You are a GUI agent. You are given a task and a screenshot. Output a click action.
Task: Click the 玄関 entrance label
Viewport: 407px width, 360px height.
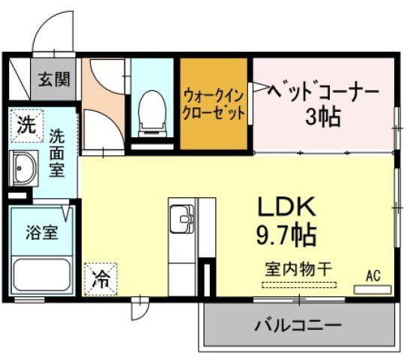[x=55, y=78]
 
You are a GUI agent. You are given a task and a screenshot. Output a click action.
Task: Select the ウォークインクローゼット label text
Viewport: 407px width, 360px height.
[x=214, y=105]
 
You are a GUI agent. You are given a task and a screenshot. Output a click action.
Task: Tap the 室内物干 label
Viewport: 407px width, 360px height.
[x=298, y=268]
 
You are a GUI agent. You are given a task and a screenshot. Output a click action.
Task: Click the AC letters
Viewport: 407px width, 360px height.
[x=373, y=276]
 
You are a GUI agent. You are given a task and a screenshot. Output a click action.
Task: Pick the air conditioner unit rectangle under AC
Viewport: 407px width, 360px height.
[x=373, y=289]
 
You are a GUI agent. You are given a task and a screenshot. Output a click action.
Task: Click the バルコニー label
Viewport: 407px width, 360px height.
[x=298, y=325]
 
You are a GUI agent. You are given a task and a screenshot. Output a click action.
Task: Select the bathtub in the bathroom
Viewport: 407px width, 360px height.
[x=40, y=277]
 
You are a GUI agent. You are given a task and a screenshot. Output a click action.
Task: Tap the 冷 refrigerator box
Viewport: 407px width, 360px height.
[x=100, y=280]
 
